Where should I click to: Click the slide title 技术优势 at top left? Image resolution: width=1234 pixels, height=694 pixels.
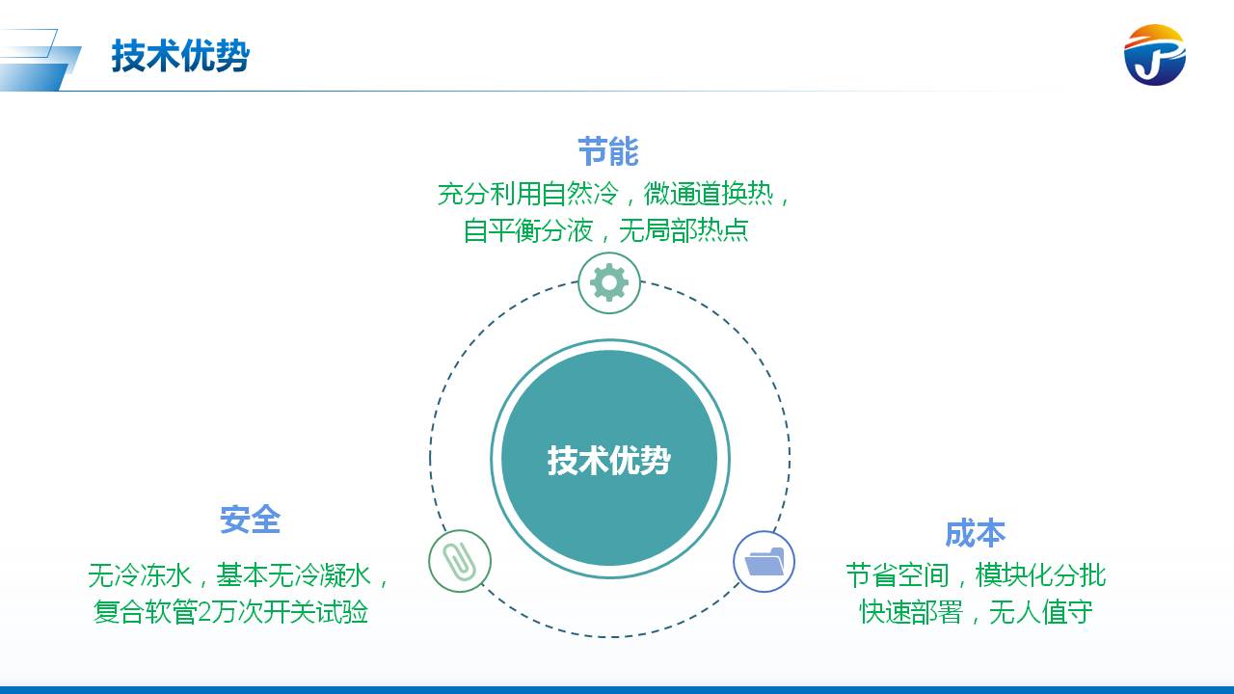(x=180, y=56)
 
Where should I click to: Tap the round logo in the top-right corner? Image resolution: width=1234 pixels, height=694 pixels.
(x=1154, y=55)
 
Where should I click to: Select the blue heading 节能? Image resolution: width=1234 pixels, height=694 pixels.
(x=608, y=152)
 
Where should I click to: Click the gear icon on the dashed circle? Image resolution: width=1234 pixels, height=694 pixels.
(x=609, y=282)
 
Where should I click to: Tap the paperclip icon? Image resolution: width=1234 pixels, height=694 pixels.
(x=460, y=560)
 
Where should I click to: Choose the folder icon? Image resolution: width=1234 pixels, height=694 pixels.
(x=765, y=561)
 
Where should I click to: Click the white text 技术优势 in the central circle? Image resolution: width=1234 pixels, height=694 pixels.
(x=609, y=460)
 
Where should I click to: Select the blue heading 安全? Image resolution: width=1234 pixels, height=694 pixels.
(x=250, y=520)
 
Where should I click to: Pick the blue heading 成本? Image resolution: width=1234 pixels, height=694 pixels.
(x=975, y=533)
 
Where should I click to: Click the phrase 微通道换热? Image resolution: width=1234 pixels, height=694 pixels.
(x=709, y=194)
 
